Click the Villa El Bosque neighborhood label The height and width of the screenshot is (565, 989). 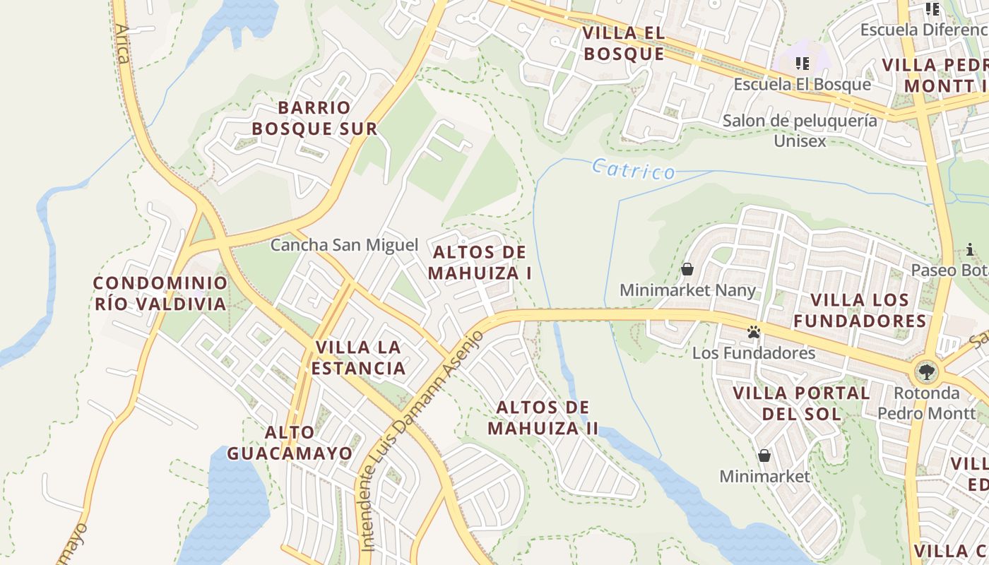[624, 44]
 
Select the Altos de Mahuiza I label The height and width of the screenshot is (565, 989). [480, 262]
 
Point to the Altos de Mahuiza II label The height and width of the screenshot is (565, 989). [543, 417]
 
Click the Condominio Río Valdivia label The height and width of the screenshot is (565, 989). [161, 294]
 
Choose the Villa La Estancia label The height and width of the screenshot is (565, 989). [359, 357]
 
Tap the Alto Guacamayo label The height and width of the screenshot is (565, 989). [290, 442]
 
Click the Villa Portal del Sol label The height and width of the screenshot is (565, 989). [801, 403]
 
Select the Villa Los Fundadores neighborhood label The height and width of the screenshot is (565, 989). [860, 310]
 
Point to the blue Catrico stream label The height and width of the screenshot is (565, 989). [633, 169]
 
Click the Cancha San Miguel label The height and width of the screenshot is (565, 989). [345, 245]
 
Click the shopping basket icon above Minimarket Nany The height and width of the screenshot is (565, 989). [687, 269]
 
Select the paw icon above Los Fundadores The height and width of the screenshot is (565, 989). [754, 331]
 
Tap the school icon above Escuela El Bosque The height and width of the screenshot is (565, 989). [802, 64]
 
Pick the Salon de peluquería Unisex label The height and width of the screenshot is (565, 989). [800, 131]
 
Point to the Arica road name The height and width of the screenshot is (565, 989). [123, 44]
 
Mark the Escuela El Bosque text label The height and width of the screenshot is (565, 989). [802, 84]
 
